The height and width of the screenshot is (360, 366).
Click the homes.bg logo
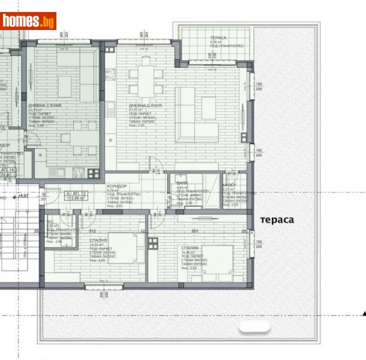[x=28, y=21]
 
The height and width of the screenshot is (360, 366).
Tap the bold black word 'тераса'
[x=277, y=220]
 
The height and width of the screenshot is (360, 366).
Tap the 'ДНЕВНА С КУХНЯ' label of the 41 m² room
[x=145, y=105]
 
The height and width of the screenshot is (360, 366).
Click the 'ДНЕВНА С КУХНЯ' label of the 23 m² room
[x=44, y=105]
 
